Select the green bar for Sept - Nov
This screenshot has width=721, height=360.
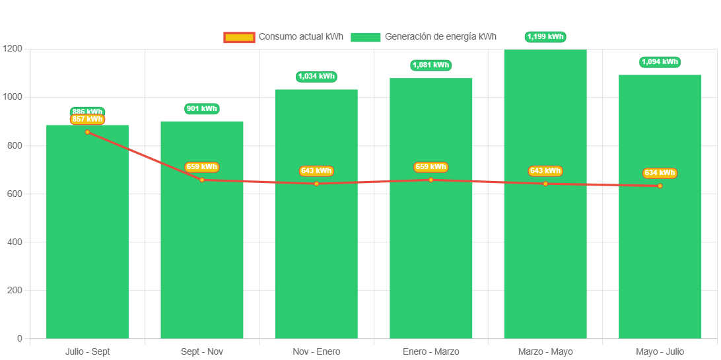click(x=202, y=264)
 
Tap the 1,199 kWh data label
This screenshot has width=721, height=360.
click(x=545, y=37)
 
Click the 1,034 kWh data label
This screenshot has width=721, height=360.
click(x=317, y=77)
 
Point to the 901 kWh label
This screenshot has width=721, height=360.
click(x=202, y=108)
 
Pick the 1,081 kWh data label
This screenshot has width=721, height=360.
click(x=431, y=65)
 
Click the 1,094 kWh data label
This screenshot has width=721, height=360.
click(x=660, y=62)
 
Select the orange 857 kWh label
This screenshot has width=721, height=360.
click(x=87, y=120)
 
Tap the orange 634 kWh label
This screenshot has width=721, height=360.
click(x=660, y=173)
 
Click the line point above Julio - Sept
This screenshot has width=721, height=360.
click(x=87, y=132)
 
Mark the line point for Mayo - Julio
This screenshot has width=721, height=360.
click(x=660, y=186)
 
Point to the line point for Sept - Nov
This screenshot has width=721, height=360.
click(x=202, y=180)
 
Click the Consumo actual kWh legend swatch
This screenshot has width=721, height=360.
click(x=238, y=37)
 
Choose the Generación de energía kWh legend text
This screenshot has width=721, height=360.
click(x=440, y=37)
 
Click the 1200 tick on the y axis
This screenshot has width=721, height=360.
click(x=13, y=49)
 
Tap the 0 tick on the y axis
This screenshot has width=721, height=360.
click(x=19, y=339)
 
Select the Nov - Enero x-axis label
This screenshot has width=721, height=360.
click(x=317, y=351)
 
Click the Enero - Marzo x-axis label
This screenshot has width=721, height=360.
click(x=431, y=351)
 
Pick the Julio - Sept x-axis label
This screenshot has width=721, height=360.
click(x=87, y=351)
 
